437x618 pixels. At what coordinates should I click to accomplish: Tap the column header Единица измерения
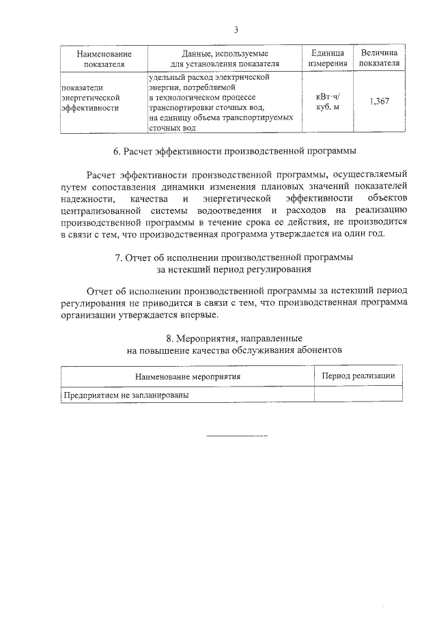click(x=328, y=58)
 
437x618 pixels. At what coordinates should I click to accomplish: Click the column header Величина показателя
click(x=380, y=58)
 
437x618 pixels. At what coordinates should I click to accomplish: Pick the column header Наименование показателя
click(x=103, y=58)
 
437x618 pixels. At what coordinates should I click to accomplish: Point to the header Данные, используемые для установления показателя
click(x=225, y=58)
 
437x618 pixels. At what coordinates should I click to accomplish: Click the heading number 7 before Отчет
click(x=119, y=257)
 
